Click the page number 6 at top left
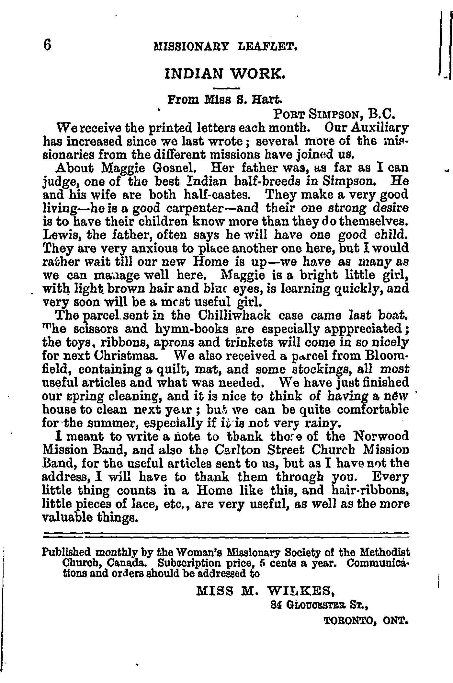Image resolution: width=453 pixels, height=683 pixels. (47, 45)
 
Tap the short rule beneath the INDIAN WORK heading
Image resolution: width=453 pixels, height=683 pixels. (226, 88)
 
